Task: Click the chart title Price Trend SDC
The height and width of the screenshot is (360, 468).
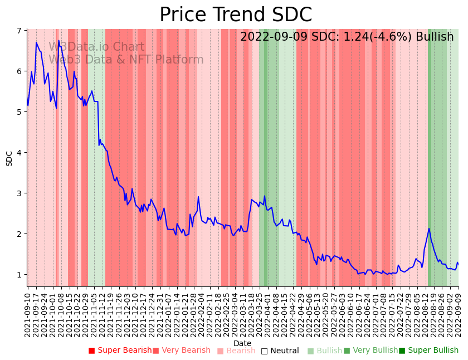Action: [x=236, y=15]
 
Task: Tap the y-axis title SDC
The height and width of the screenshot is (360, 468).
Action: [x=9, y=158]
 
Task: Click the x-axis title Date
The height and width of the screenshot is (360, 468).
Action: [x=242, y=343]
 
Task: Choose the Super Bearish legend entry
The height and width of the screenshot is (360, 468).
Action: [x=120, y=351]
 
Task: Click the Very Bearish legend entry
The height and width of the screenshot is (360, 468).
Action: [x=181, y=351]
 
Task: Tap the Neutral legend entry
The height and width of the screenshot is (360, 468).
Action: [x=280, y=351]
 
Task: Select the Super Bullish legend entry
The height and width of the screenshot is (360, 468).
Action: [x=428, y=351]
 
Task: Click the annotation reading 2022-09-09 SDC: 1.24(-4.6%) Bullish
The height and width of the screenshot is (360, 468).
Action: [x=347, y=37]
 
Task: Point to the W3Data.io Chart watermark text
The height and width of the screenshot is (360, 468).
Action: [x=96, y=47]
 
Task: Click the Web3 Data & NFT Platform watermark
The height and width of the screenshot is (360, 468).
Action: [x=126, y=60]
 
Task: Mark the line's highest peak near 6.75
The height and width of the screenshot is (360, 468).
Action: [x=58, y=41]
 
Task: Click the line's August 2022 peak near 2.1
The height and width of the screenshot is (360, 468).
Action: [x=429, y=228]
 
